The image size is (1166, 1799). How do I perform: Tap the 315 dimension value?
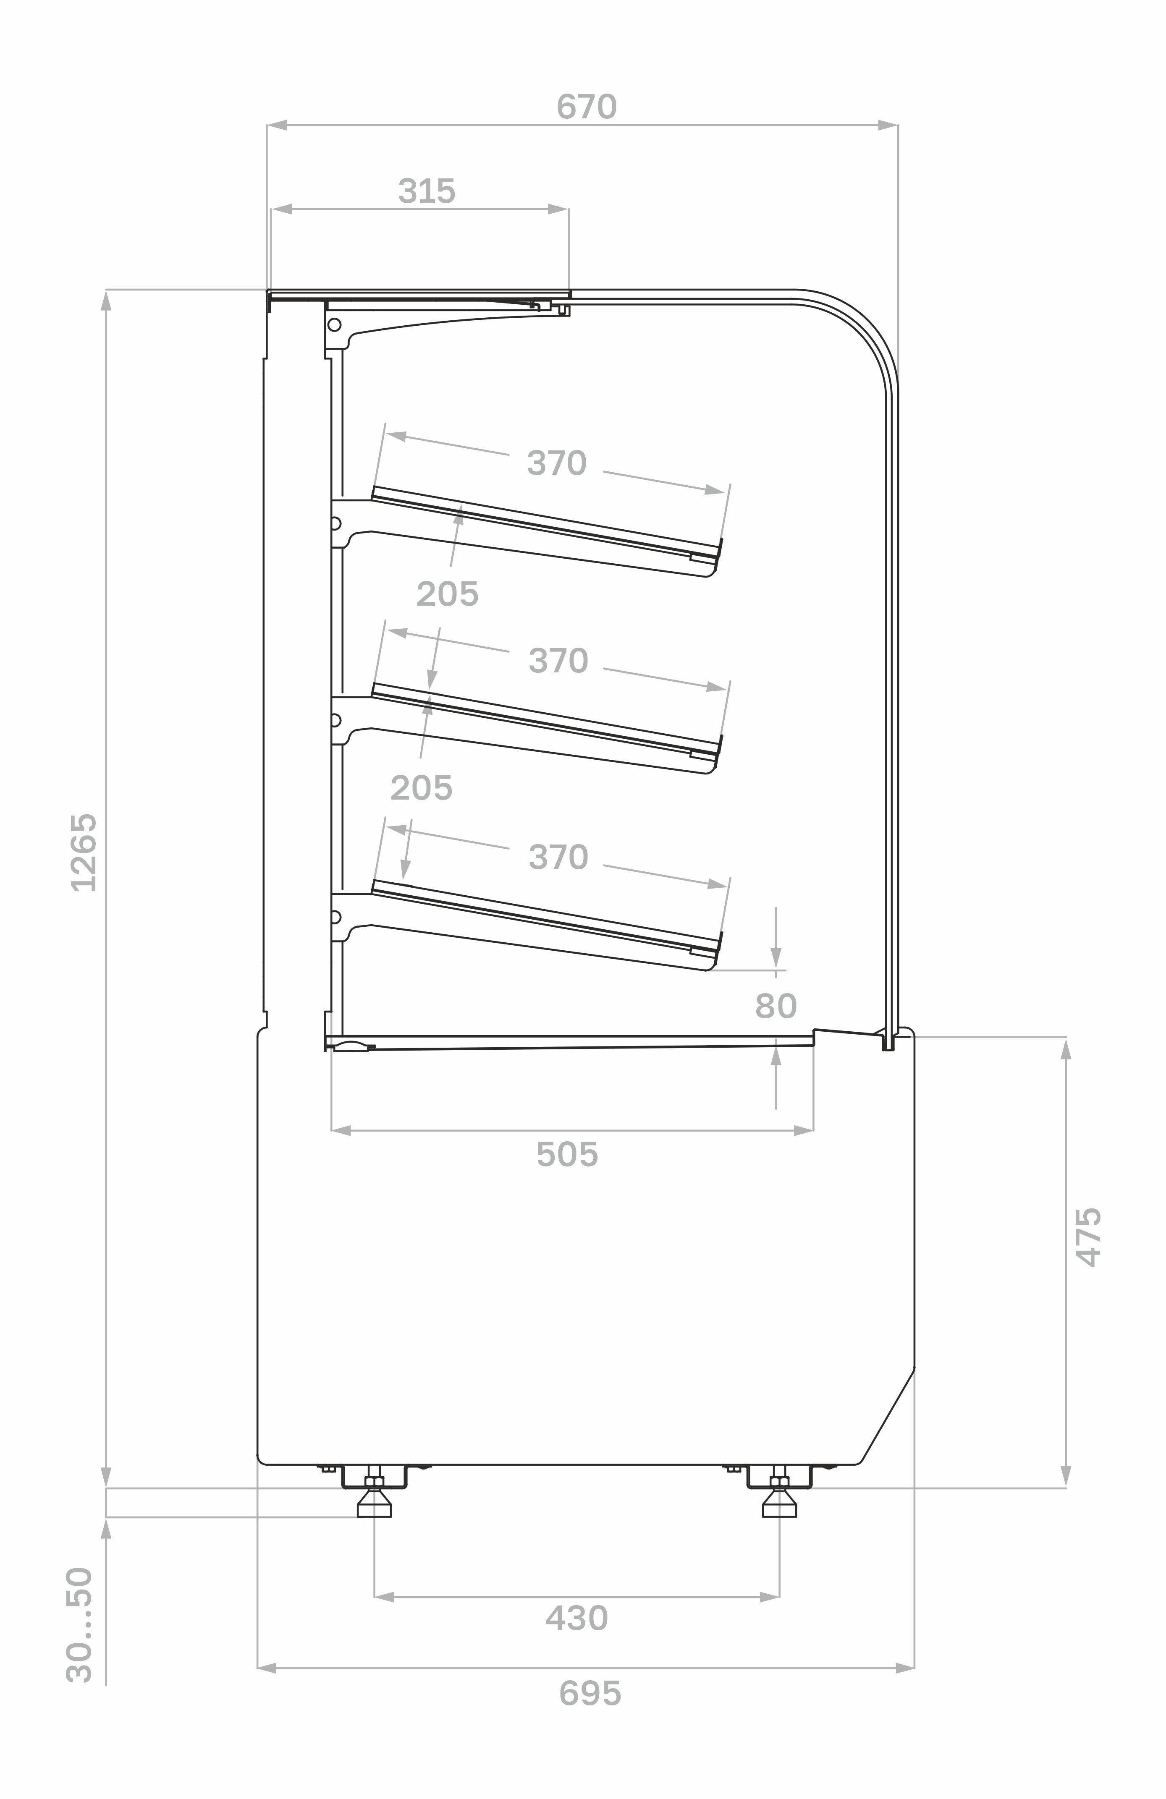[427, 191]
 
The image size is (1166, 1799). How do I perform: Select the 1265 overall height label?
[83, 852]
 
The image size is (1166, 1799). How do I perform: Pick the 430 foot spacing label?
[576, 1619]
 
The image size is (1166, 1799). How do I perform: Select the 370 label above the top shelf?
[556, 463]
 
